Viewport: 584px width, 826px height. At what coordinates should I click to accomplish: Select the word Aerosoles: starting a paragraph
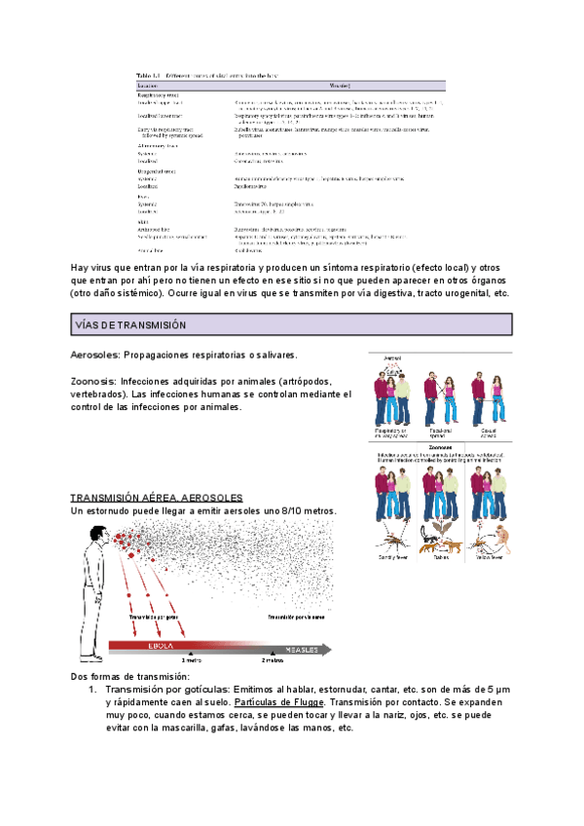click(x=96, y=356)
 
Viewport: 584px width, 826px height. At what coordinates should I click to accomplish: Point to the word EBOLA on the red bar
click(x=161, y=646)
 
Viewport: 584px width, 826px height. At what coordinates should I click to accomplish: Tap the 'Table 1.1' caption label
click(x=148, y=74)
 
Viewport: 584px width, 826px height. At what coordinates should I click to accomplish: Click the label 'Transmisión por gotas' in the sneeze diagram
click(x=154, y=618)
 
